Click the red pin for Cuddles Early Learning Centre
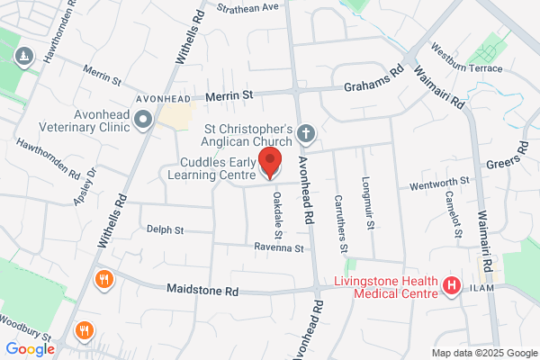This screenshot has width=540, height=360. (269, 164)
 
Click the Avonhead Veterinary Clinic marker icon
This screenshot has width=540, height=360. (142, 119)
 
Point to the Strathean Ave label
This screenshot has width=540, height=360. (248, 7)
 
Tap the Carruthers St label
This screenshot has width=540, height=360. (341, 223)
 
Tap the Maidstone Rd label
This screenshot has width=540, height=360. (202, 291)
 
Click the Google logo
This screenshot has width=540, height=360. (31, 348)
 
